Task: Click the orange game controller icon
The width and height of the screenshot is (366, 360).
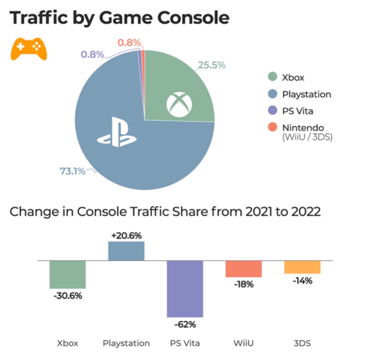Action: [28, 49]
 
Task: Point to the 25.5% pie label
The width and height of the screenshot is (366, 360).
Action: [212, 65]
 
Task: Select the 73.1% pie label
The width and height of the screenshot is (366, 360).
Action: [73, 171]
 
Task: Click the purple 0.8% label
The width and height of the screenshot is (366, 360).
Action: [92, 54]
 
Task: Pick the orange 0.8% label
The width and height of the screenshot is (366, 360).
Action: [129, 42]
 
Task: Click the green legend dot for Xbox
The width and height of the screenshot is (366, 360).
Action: [272, 77]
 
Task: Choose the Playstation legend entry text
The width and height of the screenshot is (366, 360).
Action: [306, 94]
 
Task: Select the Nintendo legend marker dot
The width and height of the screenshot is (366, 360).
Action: [272, 128]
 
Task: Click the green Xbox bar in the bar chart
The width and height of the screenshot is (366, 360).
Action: [68, 275]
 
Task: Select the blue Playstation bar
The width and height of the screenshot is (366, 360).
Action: [126, 251]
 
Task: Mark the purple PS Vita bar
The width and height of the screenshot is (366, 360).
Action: [185, 289]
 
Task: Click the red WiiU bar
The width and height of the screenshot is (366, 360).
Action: [244, 269]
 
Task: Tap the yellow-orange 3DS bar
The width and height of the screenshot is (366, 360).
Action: [302, 267]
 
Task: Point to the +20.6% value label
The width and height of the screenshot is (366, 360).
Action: [126, 236]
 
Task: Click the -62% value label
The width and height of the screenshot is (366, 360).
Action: [185, 325]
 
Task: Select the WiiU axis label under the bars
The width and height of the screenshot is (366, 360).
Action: [244, 343]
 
